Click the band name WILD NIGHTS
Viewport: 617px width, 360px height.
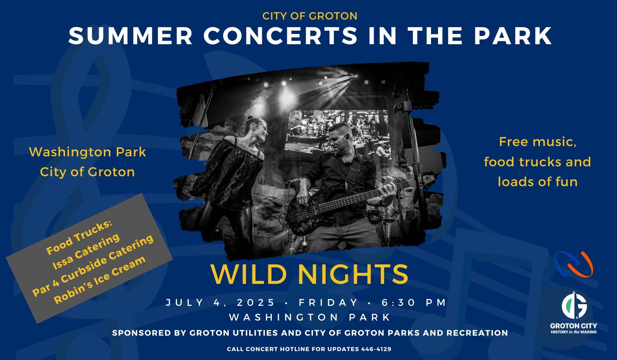pos(310,274)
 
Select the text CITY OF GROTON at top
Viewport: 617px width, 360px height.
pos(310,16)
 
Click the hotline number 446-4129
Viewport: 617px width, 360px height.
pos(376,349)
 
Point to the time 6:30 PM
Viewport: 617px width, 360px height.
pos(414,302)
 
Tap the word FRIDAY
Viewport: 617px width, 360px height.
pos(329,302)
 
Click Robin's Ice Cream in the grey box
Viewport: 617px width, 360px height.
pos(100,280)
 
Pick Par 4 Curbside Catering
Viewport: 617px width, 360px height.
pos(93,266)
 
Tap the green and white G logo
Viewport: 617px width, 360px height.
pos(574,305)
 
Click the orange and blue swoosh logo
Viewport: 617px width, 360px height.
pos(573,264)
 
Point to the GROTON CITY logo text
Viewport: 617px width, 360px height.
pos(573,326)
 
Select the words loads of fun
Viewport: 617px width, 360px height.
pos(537,181)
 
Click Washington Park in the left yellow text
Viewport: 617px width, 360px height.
pos(87,152)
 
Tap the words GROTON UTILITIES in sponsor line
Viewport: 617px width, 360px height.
pos(233,333)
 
